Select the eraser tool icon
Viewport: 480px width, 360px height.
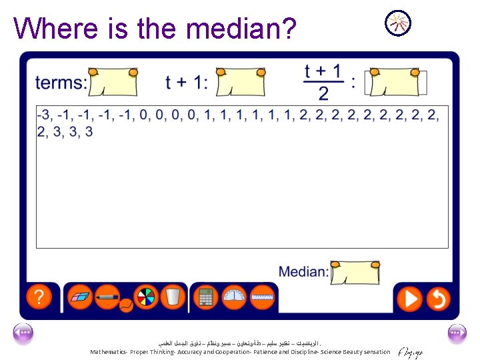coord(80,297)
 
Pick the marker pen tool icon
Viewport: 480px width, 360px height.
coord(107,296)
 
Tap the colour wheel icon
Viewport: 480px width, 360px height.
coord(145,297)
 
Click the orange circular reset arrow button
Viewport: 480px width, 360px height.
coord(438,298)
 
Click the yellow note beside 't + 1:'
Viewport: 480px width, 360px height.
coord(241,82)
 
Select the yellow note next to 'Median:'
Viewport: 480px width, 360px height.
coord(355,272)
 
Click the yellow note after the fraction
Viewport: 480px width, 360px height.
coord(394,82)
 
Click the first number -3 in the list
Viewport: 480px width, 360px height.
coord(43,115)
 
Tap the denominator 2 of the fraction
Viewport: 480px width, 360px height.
coord(323,93)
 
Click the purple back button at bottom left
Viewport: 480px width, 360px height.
coord(23,333)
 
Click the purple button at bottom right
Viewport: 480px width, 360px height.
coord(457,333)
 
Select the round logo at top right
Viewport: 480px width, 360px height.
coord(398,23)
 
